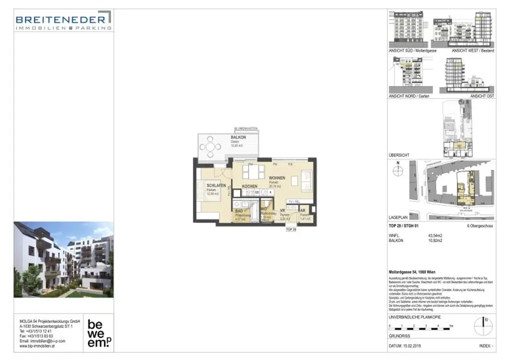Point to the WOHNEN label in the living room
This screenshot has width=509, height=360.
pyautogui.click(x=277, y=178)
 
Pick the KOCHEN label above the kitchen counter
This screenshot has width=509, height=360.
pyautogui.click(x=250, y=186)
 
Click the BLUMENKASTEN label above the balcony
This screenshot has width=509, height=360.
pyautogui.click(x=246, y=128)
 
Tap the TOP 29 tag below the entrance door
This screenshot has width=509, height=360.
pyautogui.click(x=291, y=230)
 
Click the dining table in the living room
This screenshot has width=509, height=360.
pyautogui.click(x=253, y=172)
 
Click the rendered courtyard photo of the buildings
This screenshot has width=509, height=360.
pyautogui.click(x=64, y=260)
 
